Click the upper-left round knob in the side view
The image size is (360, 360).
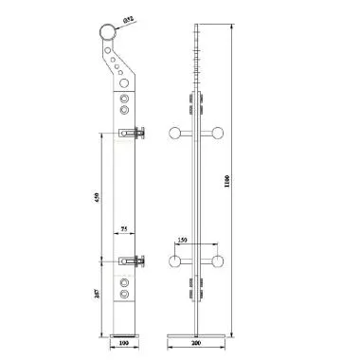point(174,134)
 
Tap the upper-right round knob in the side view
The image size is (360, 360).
point(219,134)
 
